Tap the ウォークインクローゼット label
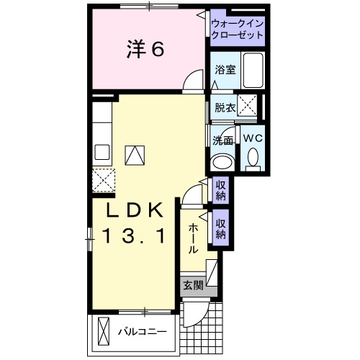click(237, 28)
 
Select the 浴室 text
click(225, 70)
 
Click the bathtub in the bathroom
click(252, 71)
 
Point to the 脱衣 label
click(225, 107)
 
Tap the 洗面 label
click(222, 140)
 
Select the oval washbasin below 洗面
click(222, 160)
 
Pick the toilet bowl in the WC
click(253, 157)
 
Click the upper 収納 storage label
click(221, 190)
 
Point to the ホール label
click(193, 238)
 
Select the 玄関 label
click(192, 285)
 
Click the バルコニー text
click(142, 332)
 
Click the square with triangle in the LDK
click(135, 154)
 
